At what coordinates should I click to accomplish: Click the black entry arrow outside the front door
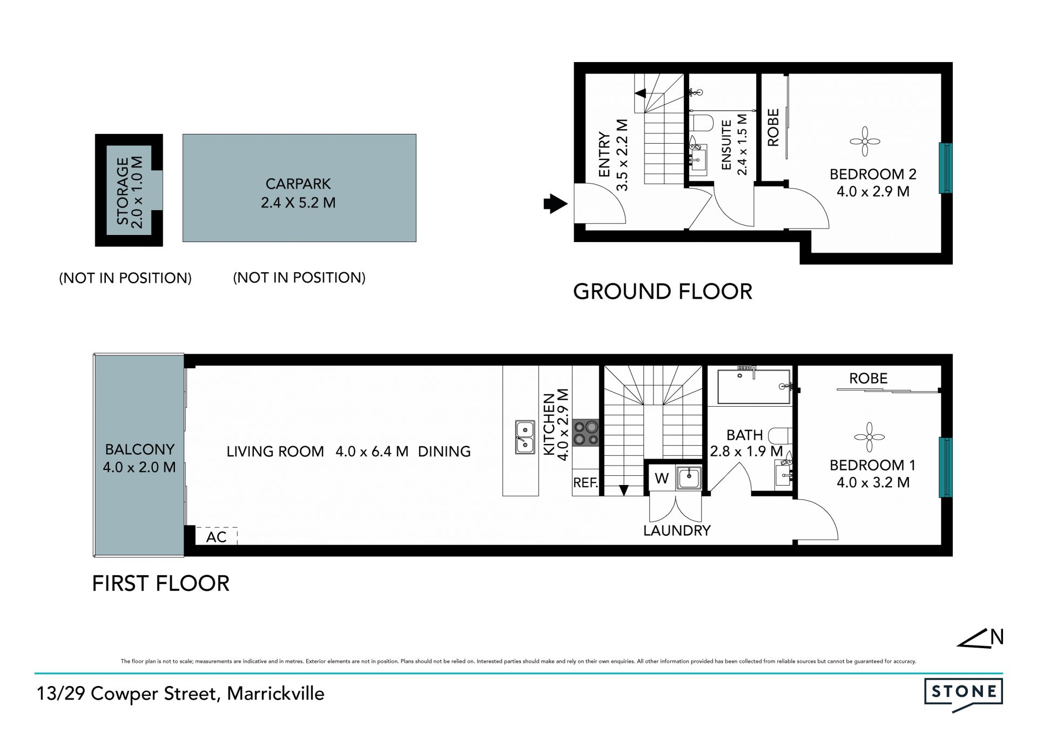[555, 204]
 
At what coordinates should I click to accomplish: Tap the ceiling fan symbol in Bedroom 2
[865, 142]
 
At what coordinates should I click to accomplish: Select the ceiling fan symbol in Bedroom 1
[869, 437]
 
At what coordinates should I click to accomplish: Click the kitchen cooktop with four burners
[585, 433]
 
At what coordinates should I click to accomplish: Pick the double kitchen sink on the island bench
[524, 437]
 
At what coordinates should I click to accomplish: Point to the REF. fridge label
[585, 483]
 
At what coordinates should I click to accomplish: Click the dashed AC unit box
[217, 536]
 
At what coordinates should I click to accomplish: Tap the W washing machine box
[662, 478]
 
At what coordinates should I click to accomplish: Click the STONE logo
[964, 695]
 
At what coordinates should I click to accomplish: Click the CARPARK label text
[298, 184]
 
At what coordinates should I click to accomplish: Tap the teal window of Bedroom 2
[945, 168]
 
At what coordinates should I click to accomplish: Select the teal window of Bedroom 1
[945, 467]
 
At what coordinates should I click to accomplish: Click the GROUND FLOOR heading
[663, 292]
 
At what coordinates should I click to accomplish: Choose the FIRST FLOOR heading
[161, 583]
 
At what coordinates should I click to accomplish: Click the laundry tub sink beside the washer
[689, 478]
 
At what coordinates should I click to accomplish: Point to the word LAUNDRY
[677, 530]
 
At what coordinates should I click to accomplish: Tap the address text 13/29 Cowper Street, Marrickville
[180, 694]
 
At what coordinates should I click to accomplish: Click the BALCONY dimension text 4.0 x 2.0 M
[139, 467]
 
